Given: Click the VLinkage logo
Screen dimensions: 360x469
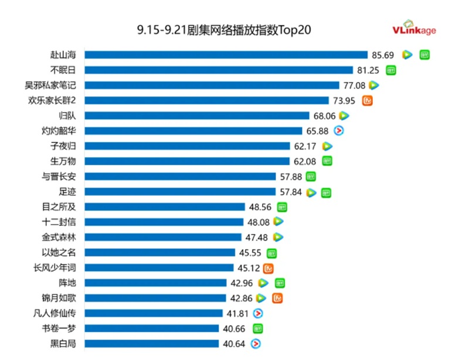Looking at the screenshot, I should point(414,30).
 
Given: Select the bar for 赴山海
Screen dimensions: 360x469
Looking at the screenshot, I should point(226,55).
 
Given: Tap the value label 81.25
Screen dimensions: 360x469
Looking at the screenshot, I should point(369,70).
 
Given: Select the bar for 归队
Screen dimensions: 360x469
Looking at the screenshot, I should point(197,116).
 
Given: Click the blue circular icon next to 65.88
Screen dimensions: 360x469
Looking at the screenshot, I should point(338,131).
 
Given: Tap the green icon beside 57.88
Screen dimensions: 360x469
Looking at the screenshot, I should point(311,176).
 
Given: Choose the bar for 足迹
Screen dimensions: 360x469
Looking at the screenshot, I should point(180,191).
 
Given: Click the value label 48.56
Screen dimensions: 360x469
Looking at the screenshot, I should point(260,206).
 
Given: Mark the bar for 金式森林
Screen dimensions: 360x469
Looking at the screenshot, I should point(163,237).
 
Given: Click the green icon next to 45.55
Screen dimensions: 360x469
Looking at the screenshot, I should point(271,253).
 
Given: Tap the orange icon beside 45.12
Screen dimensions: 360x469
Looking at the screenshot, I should point(269,268).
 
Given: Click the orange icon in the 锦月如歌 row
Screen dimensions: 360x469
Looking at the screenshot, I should point(278,298).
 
